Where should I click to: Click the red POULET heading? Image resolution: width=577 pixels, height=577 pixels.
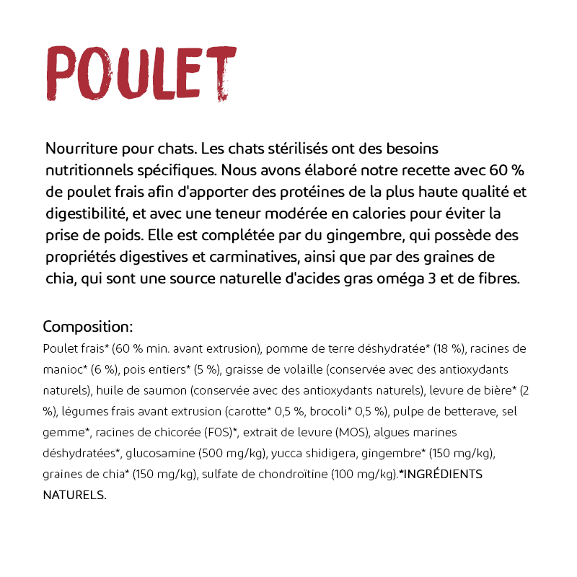(141, 74)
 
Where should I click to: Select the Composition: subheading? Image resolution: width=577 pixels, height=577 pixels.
(87, 326)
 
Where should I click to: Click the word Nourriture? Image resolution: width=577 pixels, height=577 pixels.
(80, 149)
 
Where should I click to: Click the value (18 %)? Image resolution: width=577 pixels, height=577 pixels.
(449, 349)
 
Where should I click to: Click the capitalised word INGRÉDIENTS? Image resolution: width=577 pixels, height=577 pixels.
(441, 475)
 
